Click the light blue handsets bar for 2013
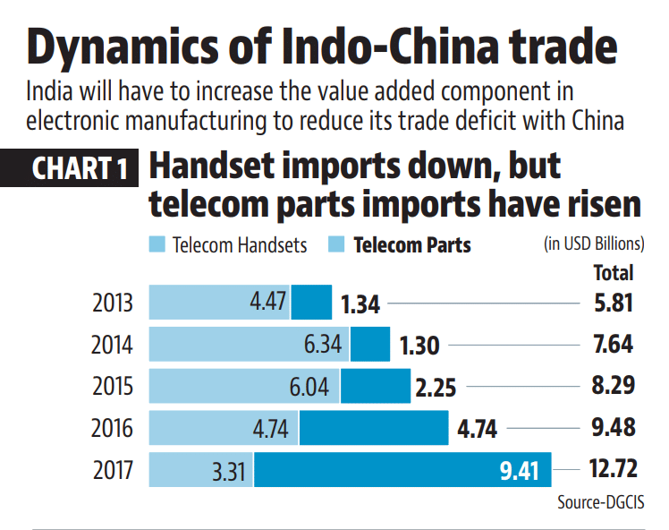coord(219,303)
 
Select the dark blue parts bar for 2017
coord(402,469)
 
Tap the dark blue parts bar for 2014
coord(370,344)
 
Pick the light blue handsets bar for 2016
coord(224,428)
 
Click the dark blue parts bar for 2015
coord(376,386)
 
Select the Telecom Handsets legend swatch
coord(157,244)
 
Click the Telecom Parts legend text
coord(412,244)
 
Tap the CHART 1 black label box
coord(80,168)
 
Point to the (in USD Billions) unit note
coord(593,244)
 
